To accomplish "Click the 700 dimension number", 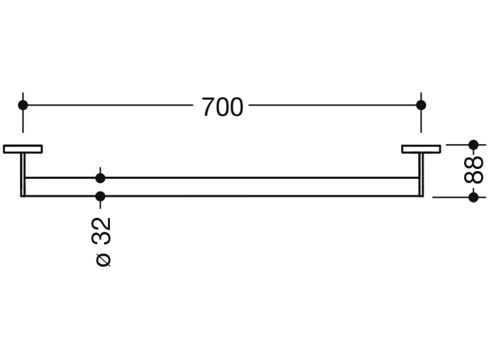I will click(x=222, y=107).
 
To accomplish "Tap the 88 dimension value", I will click(x=473, y=171).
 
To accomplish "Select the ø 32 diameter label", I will click(x=103, y=240).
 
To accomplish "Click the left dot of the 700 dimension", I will click(x=23, y=105).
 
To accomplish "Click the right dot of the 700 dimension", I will click(x=421, y=105).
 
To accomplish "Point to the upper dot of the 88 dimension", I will click(x=473, y=145).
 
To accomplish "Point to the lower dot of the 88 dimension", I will click(x=473, y=197).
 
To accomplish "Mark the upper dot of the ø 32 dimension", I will click(x=101, y=178).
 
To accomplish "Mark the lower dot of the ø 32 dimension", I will click(x=101, y=196).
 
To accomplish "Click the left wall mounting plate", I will click(x=23, y=148).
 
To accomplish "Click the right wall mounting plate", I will click(x=421, y=148).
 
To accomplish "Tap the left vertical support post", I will click(x=23, y=174).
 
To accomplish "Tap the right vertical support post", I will click(x=421, y=174).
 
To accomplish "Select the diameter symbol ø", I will click(x=104, y=259).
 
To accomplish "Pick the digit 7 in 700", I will click(x=208, y=107).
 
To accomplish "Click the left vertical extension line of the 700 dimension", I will click(x=23, y=122).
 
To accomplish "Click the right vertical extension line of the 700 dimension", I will click(x=421, y=122).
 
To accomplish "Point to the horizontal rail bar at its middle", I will click(x=222, y=187).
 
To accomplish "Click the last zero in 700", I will click(x=236, y=107).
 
